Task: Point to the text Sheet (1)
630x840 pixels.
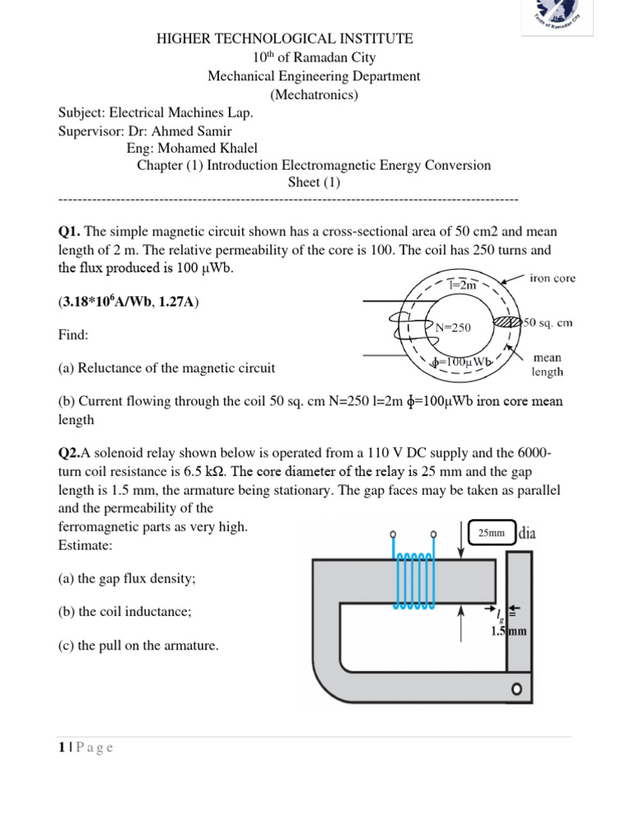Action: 313,182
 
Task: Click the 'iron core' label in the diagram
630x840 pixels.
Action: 553,279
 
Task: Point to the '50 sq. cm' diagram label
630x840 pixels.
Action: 548,323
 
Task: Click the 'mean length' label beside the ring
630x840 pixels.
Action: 547,364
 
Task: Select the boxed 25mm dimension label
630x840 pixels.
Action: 491,532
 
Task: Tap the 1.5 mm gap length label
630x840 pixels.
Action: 509,632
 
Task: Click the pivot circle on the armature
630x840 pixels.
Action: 517,689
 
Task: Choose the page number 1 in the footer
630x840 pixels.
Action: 62,747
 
